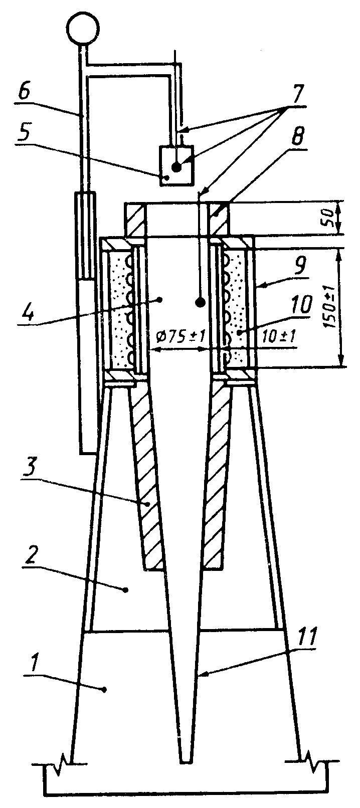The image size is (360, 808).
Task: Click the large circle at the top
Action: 82,29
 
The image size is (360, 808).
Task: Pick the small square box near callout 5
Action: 176,165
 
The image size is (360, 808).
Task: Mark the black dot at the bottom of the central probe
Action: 200,302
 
